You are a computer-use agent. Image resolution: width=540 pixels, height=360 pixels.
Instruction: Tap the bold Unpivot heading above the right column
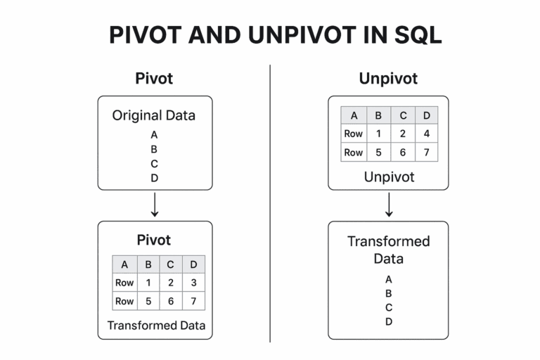[388, 78]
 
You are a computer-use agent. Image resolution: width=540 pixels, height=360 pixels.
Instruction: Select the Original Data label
[154, 115]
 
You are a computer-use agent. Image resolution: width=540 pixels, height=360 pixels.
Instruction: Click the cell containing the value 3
[193, 283]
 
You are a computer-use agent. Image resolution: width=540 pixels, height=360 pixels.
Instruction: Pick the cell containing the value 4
[425, 134]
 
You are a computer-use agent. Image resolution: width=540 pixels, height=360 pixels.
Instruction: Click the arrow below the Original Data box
[155, 205]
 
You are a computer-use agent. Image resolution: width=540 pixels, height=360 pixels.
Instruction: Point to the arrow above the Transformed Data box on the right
[388, 205]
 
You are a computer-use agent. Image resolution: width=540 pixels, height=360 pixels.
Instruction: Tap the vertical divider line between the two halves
[270, 204]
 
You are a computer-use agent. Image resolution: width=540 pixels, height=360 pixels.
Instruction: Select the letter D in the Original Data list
[154, 178]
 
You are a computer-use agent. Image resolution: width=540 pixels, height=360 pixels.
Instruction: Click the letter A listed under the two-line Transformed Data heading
[388, 279]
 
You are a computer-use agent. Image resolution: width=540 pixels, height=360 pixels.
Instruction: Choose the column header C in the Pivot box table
[171, 264]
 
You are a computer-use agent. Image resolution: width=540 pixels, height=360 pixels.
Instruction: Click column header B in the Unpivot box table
[378, 115]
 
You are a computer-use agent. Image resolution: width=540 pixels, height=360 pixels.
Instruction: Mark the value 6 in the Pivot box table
[171, 301]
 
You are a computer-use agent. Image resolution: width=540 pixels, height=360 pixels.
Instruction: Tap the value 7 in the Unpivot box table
[425, 152]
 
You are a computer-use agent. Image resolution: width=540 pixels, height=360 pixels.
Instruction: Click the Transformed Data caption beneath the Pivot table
[156, 325]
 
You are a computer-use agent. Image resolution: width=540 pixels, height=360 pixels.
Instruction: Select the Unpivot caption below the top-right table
[388, 177]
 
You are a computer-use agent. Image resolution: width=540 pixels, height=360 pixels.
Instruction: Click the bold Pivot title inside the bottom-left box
[155, 239]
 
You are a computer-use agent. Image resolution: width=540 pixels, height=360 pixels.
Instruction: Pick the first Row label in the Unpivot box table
[353, 134]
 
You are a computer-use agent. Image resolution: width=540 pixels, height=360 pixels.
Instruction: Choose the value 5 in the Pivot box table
[148, 301]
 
